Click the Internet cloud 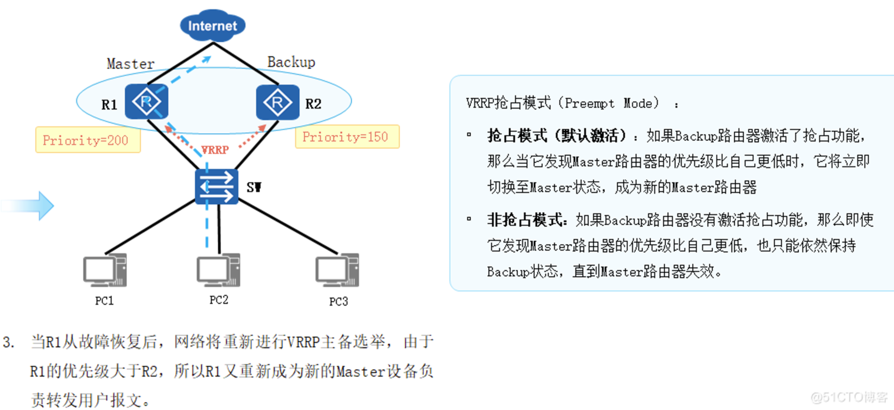pos(213,25)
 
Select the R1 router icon pos(146,102)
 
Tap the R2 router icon pos(278,102)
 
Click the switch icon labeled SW pos(217,186)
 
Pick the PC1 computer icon pos(105,271)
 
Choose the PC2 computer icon pos(218,270)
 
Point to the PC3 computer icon pos(337,271)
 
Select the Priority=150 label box pos(347,137)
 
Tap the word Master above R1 pos(130,64)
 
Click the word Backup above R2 pos(291,62)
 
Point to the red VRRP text pos(215,150)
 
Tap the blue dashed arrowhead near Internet pos(207,59)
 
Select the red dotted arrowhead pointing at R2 pos(262,129)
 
